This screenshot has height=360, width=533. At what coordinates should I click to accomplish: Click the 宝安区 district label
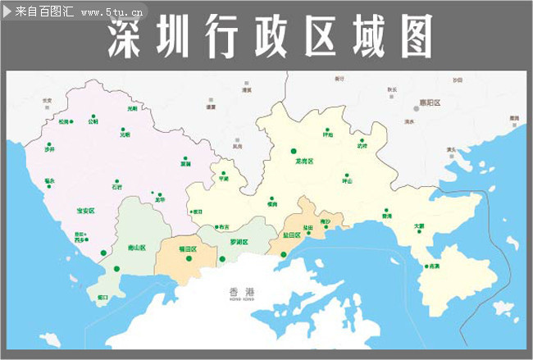click(85, 211)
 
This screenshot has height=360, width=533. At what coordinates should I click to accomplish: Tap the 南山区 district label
click(136, 247)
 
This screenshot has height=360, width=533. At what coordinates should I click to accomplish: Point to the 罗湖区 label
click(239, 242)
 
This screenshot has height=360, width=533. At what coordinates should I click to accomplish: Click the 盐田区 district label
click(292, 235)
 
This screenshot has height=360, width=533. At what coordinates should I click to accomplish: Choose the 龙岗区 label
click(305, 162)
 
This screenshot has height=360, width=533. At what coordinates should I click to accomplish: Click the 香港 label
click(243, 292)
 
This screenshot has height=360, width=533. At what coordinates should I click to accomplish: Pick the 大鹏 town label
click(419, 226)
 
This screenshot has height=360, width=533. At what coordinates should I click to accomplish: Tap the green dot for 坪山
click(347, 174)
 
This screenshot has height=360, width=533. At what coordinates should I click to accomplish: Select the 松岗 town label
click(64, 122)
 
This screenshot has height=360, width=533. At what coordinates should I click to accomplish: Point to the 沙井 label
click(50, 150)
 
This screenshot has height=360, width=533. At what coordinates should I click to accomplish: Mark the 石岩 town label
click(117, 188)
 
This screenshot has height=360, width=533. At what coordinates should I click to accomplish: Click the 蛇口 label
click(102, 297)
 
